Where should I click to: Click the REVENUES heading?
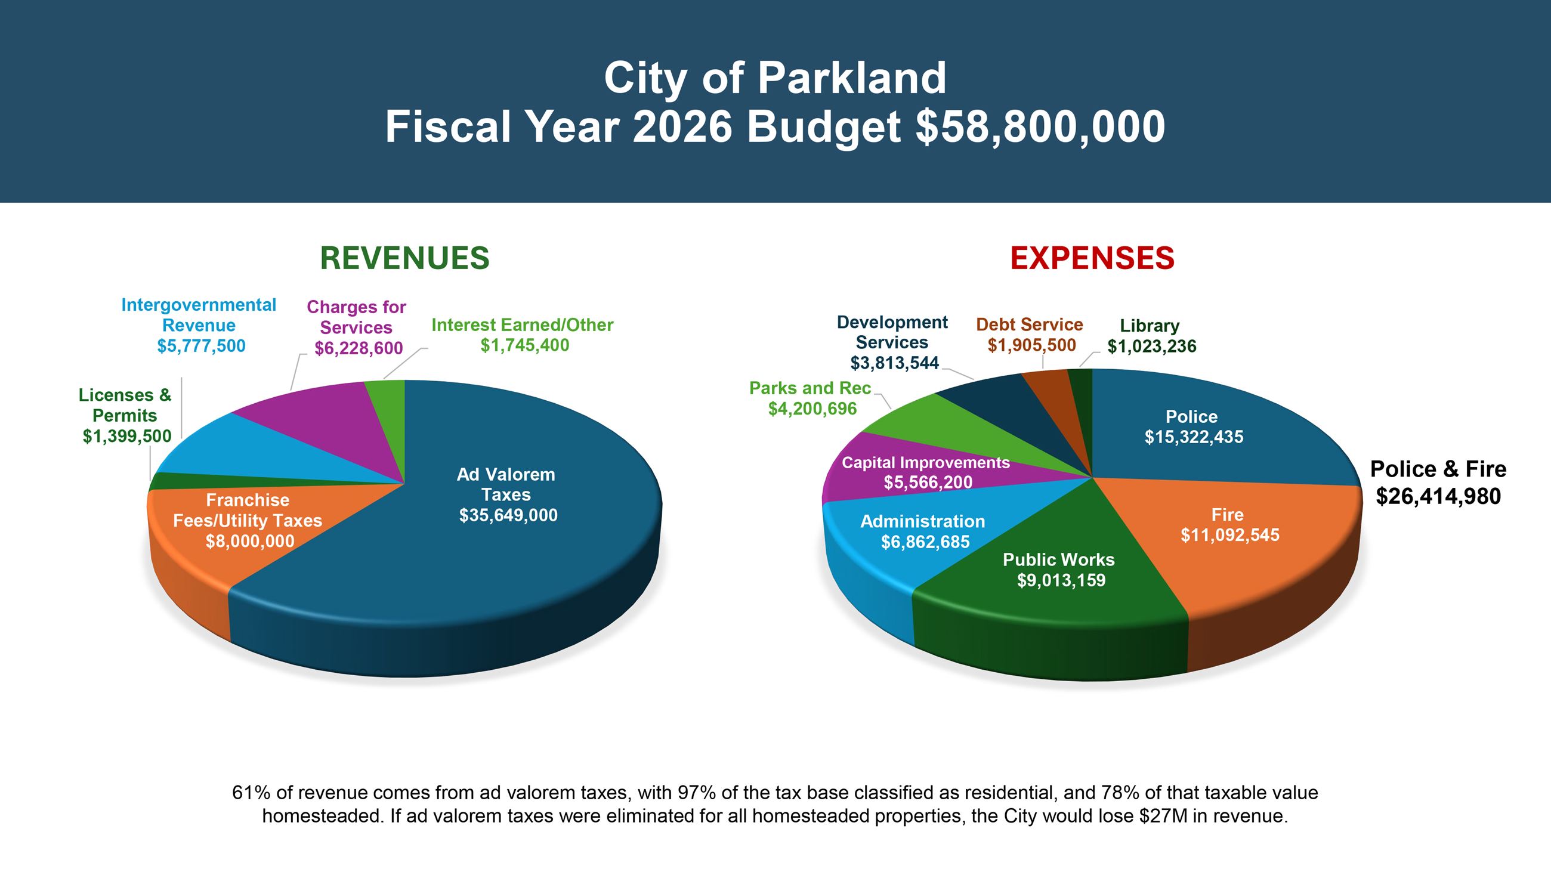pos(404,258)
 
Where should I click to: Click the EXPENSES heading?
pos(1092,258)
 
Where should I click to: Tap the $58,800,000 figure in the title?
pos(1040,127)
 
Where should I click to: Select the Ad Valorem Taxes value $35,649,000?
pos(508,515)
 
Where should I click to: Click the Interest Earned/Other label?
pos(522,325)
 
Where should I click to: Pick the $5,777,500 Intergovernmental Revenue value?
pos(201,346)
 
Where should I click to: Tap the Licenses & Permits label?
pos(125,405)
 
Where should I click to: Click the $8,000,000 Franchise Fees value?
pos(250,541)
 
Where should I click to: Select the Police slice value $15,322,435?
pos(1194,437)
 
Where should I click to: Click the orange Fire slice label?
pos(1228,515)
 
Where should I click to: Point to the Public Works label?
pos(1058,559)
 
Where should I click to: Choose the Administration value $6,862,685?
pos(925,542)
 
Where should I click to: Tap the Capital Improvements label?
pos(925,463)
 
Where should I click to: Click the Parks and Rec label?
pos(810,388)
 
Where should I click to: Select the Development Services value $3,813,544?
pos(895,363)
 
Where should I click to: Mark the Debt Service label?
pos(1030,324)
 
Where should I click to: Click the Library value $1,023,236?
pos(1152,346)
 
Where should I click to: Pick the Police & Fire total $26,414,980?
pos(1438,496)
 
